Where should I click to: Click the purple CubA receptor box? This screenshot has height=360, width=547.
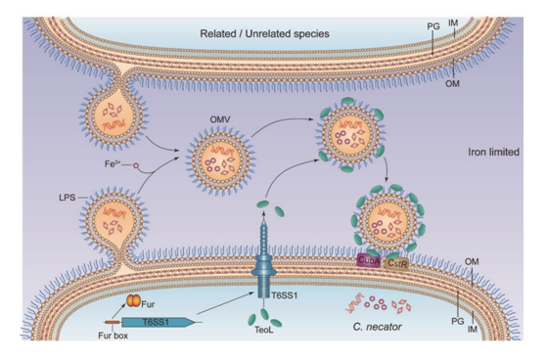(369, 260)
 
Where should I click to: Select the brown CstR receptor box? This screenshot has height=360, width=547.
(396, 264)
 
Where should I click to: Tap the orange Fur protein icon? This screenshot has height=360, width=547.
(133, 300)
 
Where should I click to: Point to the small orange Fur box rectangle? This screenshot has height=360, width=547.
(112, 322)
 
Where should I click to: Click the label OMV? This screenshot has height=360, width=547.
(220, 119)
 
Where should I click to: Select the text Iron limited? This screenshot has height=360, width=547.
(493, 152)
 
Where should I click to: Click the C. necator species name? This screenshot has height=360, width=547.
(377, 327)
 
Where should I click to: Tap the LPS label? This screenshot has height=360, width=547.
(67, 198)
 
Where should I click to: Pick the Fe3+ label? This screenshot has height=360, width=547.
(112, 163)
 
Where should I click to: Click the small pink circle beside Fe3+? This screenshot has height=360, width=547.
(136, 165)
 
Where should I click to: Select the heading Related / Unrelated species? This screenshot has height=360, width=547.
(264, 34)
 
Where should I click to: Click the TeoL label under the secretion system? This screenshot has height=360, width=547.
(263, 330)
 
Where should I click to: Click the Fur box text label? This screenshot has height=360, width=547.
(114, 336)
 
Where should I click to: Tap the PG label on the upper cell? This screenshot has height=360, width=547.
(433, 26)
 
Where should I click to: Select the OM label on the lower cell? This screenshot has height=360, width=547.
(472, 261)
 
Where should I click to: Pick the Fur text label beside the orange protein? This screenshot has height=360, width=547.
(148, 304)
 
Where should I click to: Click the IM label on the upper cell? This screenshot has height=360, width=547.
(453, 23)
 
